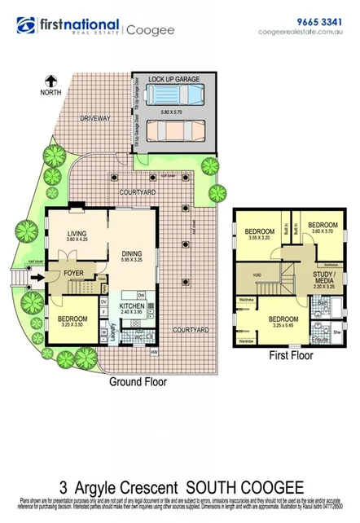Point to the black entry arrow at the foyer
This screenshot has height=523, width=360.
(37, 278)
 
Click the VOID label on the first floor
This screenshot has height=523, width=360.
(256, 275)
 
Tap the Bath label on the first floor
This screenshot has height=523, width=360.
(323, 304)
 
